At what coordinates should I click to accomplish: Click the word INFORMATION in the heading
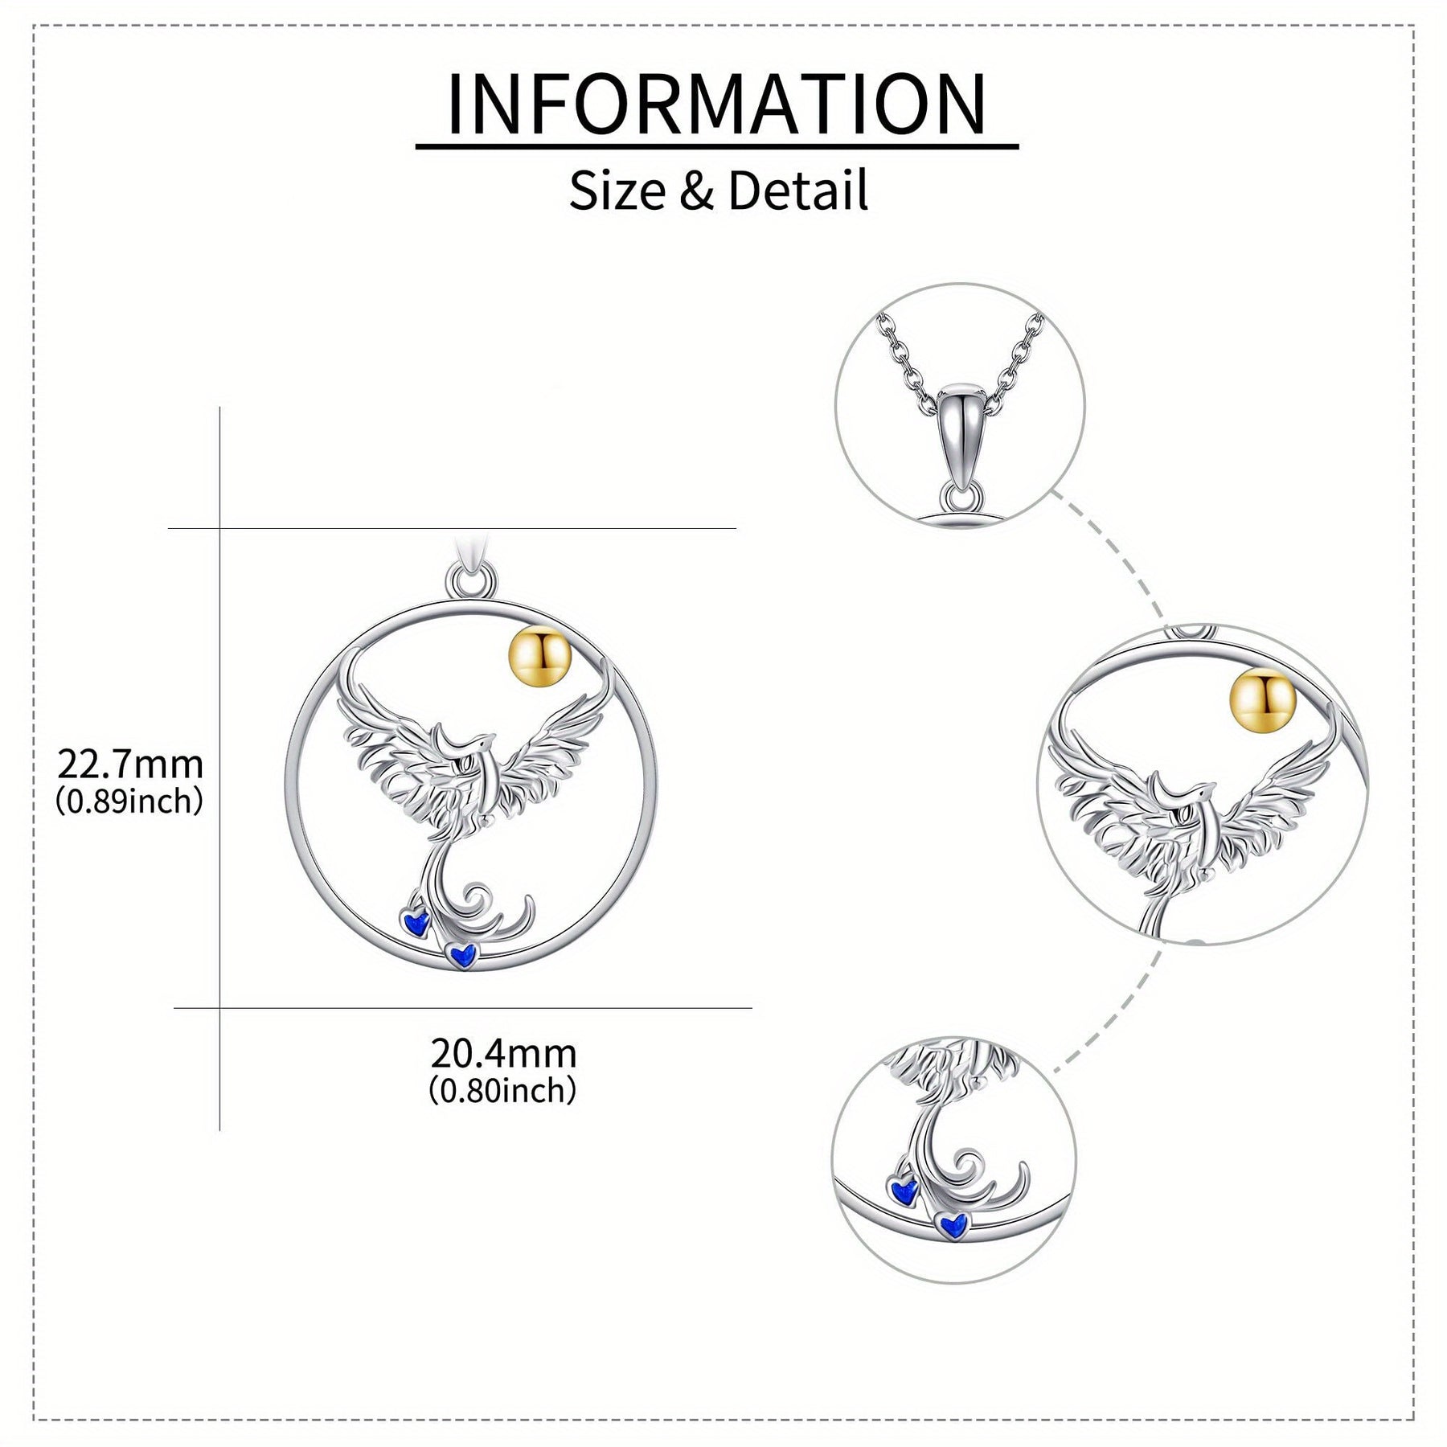point(716,105)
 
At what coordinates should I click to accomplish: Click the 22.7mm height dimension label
point(129,764)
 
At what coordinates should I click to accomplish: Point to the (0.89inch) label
point(129,801)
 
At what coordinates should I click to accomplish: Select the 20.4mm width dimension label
point(503,1053)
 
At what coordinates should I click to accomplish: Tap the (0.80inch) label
point(503,1091)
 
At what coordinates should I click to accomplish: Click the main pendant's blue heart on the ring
point(461,954)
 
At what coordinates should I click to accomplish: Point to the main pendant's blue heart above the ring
point(416,922)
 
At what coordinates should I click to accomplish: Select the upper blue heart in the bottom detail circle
point(904,1187)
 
